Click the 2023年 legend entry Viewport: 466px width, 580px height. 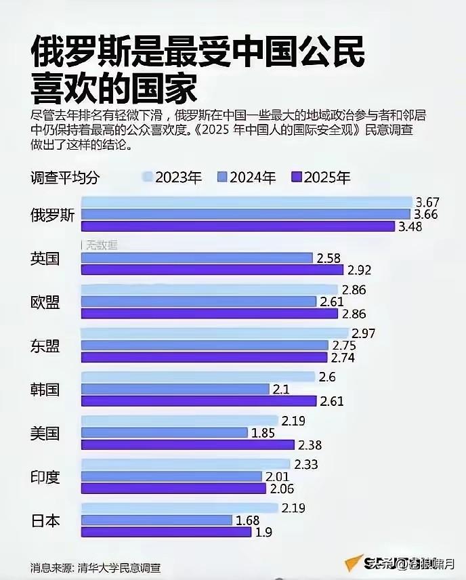tap(172, 178)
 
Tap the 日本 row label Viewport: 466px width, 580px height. tap(45, 520)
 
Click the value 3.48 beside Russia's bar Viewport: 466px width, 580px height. tap(410, 227)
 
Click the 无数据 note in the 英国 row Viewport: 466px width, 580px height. tap(100, 245)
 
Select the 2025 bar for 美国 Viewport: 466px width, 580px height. tap(188, 444)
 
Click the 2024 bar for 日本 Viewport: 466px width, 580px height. tap(156, 520)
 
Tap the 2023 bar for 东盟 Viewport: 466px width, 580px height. tap(215, 333)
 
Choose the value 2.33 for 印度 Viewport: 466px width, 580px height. tap(305, 464)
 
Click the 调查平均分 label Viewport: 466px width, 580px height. tap(65, 178)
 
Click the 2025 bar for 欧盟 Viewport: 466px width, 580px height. tap(210, 314)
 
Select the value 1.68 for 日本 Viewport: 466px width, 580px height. tap(247, 520)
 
